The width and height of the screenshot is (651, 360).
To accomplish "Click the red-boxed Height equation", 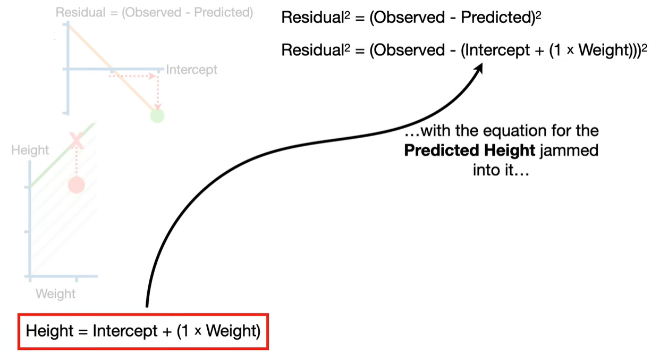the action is click(x=143, y=331).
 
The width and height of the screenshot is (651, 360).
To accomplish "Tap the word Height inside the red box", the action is click(x=49, y=331).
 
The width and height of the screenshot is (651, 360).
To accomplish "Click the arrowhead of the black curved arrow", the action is click(x=478, y=69).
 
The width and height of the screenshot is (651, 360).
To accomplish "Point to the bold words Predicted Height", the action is click(x=469, y=150).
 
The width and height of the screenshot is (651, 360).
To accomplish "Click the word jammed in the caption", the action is click(x=569, y=150).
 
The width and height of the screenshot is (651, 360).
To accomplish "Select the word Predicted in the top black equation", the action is click(x=498, y=17).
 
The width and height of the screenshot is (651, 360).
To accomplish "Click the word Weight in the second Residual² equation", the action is click(x=603, y=50).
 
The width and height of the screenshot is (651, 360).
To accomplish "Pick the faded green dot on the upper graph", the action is click(x=157, y=116).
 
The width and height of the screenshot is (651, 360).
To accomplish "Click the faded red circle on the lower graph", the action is click(x=77, y=185).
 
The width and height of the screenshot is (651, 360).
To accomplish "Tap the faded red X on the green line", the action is click(x=77, y=141).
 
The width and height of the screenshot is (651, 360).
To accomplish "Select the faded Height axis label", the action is click(x=30, y=150).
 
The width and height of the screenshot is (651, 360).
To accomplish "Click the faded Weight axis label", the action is click(x=55, y=294).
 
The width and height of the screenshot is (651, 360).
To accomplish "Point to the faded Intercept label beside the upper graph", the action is click(x=191, y=70).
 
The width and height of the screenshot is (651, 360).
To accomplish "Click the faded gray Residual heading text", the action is click(x=154, y=13).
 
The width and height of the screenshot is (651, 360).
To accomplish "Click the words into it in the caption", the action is click(x=501, y=170).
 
